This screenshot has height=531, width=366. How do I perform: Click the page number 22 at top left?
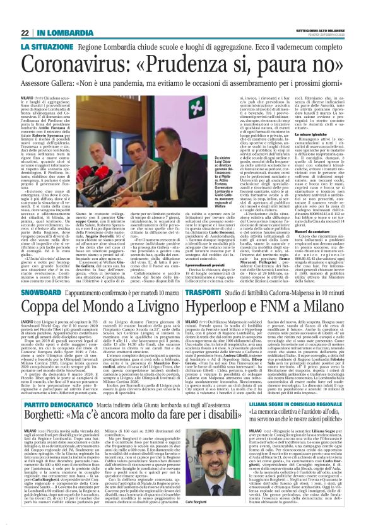[25, 33]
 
